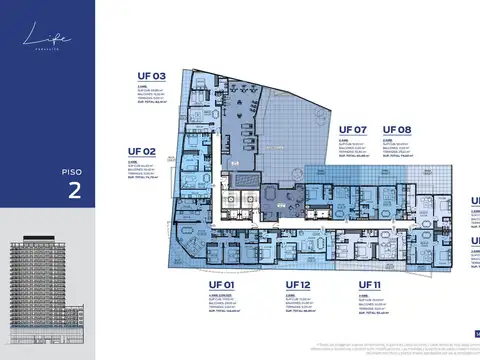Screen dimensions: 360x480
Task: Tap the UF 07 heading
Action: click(353, 130)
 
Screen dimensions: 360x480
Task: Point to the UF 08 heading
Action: click(397, 130)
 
